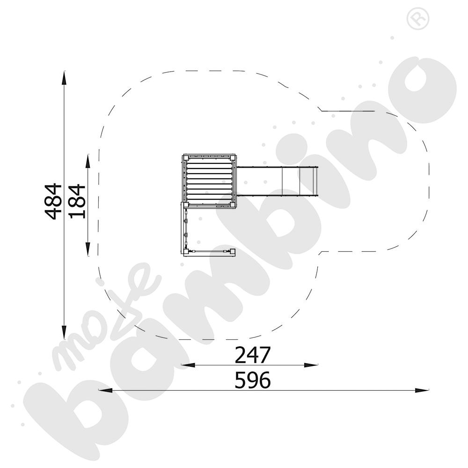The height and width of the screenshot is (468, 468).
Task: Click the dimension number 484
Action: point(53,201)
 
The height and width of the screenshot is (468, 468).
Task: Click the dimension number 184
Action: point(77,201)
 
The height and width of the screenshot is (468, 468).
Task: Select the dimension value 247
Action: point(253,355)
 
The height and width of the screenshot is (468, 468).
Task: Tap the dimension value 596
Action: point(253,380)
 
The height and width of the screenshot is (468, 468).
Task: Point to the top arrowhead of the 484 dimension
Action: point(64,78)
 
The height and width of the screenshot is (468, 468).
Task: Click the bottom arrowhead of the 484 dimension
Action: point(64,332)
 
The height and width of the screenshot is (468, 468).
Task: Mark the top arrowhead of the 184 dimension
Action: point(88,161)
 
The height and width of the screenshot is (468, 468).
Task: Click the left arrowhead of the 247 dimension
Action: point(188,365)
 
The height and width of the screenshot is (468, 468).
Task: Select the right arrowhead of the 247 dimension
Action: point(311,365)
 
